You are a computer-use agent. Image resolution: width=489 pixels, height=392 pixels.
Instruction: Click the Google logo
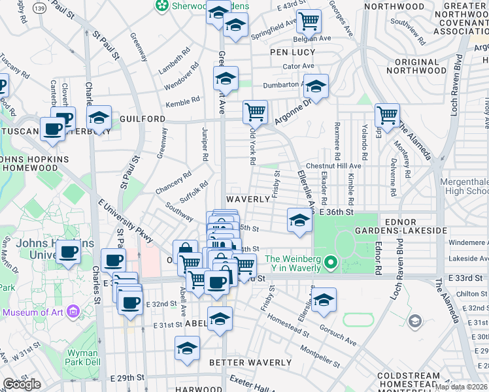click(22, 384)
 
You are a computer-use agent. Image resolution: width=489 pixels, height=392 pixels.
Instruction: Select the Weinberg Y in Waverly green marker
click(331, 263)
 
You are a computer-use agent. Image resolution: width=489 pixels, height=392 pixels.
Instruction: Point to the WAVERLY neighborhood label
click(248, 199)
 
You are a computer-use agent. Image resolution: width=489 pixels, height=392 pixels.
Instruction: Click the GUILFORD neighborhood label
click(143, 119)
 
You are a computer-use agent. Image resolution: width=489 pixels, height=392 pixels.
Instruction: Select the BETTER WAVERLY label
click(250, 362)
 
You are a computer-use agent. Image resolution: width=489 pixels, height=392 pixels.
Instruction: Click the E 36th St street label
click(337, 212)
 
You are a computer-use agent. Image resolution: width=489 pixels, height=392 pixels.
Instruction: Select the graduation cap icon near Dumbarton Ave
click(316, 87)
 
